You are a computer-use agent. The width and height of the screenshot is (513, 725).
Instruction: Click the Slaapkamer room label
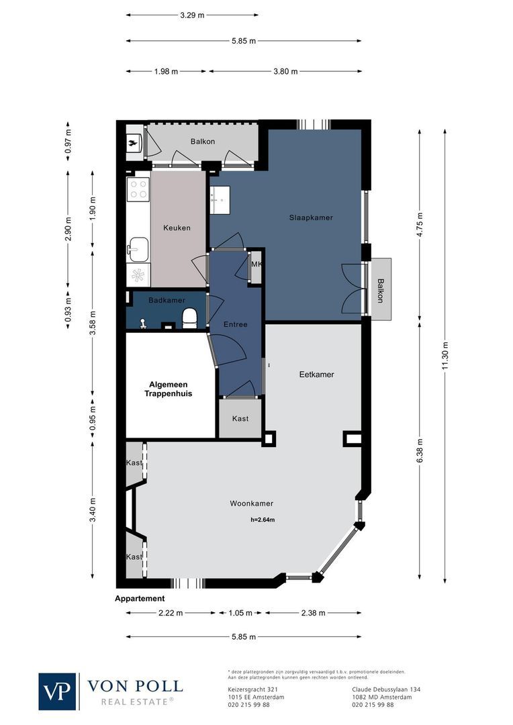click(311, 217)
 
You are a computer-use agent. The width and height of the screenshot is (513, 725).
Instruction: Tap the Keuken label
click(177, 228)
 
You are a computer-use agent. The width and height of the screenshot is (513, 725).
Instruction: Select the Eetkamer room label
click(316, 375)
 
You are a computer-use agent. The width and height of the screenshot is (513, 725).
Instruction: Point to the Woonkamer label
click(251, 503)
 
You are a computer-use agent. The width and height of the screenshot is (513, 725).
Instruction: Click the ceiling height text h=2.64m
click(263, 520)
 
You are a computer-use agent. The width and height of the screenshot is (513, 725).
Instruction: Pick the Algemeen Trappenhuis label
click(168, 389)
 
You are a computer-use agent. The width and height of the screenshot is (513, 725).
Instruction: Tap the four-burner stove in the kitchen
click(138, 190)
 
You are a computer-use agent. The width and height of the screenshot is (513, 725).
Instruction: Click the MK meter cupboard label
click(256, 264)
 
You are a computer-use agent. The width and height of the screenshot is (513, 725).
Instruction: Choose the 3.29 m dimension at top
click(192, 15)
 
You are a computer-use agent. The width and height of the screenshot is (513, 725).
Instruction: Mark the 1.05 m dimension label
click(240, 613)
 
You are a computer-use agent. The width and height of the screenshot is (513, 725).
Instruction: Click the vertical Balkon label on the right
click(380, 290)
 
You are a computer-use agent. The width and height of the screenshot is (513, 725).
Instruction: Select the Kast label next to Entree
click(240, 419)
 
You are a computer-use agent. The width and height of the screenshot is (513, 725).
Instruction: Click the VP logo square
click(57, 691)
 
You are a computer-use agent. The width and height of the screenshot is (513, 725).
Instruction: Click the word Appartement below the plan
click(140, 599)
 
